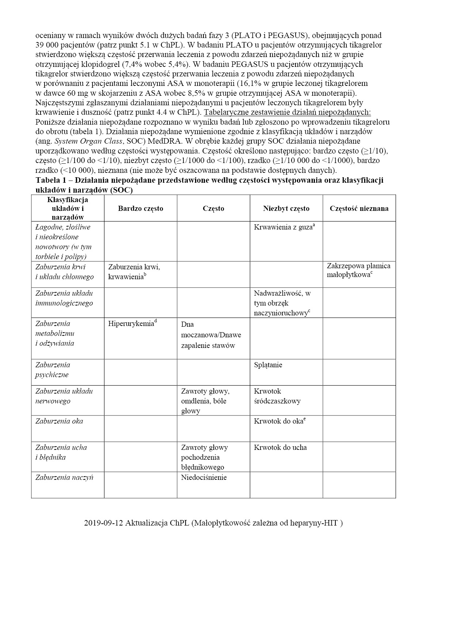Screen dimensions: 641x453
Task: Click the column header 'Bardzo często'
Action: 140,208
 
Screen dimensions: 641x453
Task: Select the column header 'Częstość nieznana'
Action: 359,208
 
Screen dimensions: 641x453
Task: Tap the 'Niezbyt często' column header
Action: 286,208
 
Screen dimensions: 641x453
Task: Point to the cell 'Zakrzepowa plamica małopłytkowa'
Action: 358,270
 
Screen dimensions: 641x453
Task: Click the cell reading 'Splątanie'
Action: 268,365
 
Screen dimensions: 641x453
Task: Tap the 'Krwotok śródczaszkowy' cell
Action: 277,396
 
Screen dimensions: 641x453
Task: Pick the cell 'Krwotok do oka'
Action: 279,421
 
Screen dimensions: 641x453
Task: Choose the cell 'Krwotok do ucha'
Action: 280,447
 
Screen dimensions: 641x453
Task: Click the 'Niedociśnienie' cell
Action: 204,477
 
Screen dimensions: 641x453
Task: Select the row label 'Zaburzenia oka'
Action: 59,421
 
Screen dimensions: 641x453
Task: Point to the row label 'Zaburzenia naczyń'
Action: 64,477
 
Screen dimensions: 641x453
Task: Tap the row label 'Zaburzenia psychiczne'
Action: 53,369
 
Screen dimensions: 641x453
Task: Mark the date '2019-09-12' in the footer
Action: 103,523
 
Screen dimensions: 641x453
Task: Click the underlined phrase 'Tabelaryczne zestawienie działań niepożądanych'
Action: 288,112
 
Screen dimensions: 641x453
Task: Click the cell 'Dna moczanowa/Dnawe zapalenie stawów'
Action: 211,335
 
